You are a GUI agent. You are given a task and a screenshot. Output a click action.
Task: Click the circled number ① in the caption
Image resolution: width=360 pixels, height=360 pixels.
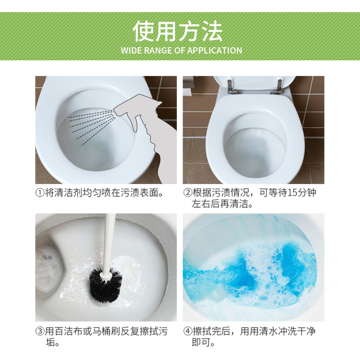point(40,193)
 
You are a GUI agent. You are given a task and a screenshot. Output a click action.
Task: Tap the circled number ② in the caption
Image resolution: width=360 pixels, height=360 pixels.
point(188,193)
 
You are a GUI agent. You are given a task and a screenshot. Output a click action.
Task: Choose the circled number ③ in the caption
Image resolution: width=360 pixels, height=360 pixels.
point(40,332)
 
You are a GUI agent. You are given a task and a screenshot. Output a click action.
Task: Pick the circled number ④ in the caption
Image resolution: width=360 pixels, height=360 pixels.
point(188,332)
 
